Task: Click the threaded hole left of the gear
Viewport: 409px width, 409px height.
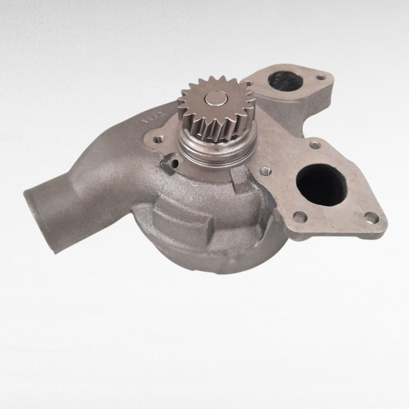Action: [159, 139]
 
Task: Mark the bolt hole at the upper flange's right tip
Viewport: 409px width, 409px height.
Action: [320, 77]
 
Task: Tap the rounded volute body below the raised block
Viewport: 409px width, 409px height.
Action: [207, 254]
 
